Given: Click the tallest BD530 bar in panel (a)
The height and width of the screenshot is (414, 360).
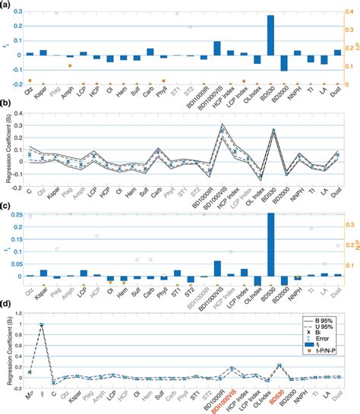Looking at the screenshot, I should point(270,35).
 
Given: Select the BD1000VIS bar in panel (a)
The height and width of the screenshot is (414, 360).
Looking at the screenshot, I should point(217,49).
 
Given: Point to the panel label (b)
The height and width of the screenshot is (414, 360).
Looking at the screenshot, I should point(7,110).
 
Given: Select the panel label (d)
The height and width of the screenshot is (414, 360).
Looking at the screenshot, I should point(7,306).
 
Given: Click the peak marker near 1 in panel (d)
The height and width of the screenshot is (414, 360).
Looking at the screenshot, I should point(42,325).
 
